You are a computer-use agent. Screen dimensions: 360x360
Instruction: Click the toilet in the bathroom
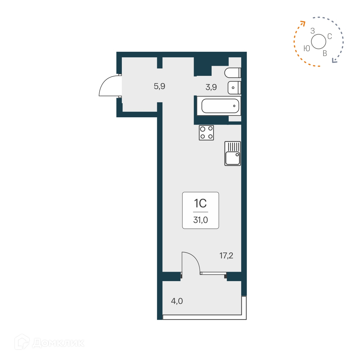click(x=232, y=73)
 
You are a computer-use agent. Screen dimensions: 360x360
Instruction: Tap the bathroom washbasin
click(x=234, y=88)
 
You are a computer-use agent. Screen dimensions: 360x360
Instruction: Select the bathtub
click(x=220, y=106)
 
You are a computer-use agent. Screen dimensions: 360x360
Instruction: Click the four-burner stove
click(x=206, y=133)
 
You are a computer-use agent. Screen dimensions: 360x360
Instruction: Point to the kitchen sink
click(x=233, y=154)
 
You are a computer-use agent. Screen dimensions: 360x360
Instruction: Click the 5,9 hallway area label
click(x=159, y=86)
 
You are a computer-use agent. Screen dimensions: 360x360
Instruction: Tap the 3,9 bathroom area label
click(x=211, y=87)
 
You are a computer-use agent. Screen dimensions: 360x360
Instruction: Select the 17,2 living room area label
click(x=226, y=256)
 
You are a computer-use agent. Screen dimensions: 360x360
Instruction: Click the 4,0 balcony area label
click(x=177, y=301)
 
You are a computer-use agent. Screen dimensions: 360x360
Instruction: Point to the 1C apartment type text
click(x=200, y=203)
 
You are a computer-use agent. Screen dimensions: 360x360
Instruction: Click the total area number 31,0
click(x=200, y=220)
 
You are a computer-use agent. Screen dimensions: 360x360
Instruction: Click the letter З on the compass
click(x=312, y=31)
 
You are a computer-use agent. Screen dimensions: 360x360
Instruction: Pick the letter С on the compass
click(x=330, y=37)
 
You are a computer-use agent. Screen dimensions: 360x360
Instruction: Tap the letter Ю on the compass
click(x=307, y=48)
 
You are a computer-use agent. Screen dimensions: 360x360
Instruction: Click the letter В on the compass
click(x=325, y=54)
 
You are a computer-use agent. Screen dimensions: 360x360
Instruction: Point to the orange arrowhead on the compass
click(x=302, y=23)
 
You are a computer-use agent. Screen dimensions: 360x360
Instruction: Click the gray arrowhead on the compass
click(x=334, y=61)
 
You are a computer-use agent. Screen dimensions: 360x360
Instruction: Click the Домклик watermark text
click(x=58, y=343)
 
